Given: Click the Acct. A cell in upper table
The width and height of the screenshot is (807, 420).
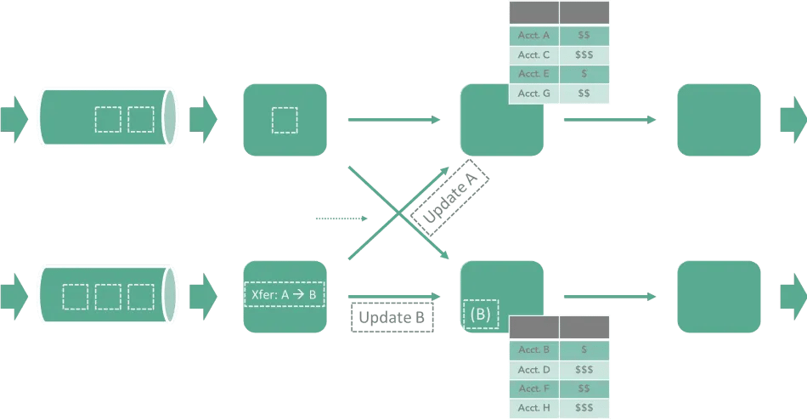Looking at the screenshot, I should click(x=533, y=36).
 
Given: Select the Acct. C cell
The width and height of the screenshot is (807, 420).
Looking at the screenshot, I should click(x=533, y=55).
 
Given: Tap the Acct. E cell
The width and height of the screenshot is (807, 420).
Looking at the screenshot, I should click(x=533, y=74).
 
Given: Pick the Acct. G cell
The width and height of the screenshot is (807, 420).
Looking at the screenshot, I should click(x=533, y=94).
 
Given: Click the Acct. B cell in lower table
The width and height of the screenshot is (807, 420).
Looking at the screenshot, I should click(x=533, y=349).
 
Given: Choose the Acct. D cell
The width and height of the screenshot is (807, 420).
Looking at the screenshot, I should click(x=533, y=369).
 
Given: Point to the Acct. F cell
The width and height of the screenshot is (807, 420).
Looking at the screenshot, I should click(x=533, y=389).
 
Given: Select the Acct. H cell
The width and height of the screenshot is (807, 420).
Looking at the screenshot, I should click(x=533, y=408).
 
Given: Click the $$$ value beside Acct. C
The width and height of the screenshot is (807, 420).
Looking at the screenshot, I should click(x=584, y=55).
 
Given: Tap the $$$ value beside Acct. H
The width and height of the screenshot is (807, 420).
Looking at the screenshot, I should click(x=584, y=408).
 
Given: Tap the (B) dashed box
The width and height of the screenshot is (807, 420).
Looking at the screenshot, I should click(x=481, y=314).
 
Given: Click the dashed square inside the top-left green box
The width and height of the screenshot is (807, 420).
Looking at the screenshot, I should click(x=285, y=119).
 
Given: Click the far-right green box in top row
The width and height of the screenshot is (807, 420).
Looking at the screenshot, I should click(x=718, y=120).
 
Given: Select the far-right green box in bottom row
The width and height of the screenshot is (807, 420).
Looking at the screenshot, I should click(x=718, y=297).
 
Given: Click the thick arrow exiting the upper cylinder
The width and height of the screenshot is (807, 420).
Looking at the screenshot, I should click(x=203, y=120).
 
